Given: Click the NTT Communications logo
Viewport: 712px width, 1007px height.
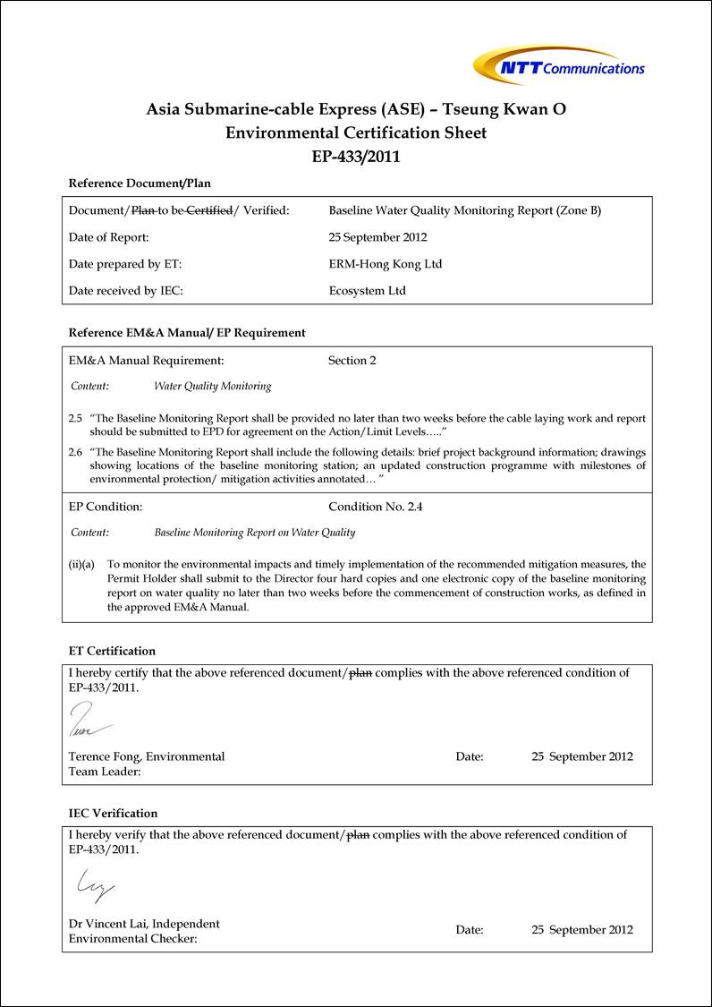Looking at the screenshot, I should click(x=559, y=66).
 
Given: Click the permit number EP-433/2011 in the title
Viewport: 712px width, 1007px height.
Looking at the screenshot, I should click(x=356, y=156).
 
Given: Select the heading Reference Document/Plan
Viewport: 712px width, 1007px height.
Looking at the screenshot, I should click(x=140, y=183).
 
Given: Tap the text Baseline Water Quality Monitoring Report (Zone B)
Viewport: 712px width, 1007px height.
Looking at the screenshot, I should click(x=464, y=211).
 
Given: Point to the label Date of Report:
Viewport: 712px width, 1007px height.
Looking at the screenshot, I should click(x=108, y=237).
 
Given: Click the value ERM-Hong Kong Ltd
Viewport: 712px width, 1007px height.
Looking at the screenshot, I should click(x=385, y=264).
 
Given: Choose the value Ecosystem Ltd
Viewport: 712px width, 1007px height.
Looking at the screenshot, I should click(x=367, y=291).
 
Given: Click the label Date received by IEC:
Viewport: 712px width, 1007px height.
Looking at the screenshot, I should click(x=125, y=291).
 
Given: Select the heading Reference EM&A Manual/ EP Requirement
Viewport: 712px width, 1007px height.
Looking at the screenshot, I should click(x=187, y=333).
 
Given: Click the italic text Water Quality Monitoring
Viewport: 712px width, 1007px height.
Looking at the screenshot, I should click(x=212, y=387).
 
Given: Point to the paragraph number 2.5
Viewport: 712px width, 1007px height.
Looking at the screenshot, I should click(x=76, y=419).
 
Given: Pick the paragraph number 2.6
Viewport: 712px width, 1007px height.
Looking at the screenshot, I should click(x=76, y=452).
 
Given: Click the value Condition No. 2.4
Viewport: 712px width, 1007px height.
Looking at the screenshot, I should click(x=375, y=507).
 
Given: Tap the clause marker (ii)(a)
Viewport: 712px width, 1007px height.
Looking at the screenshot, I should click(x=82, y=565).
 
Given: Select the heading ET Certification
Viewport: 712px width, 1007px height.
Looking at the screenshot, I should click(x=112, y=651).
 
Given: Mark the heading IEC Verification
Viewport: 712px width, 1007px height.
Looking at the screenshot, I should click(x=113, y=814).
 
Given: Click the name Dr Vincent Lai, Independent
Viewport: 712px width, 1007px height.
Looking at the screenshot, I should click(x=144, y=924).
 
